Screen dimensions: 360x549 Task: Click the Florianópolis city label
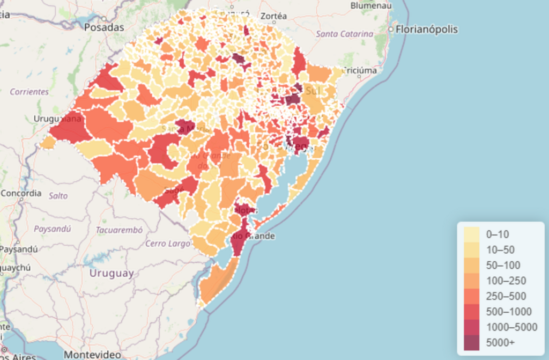click(426, 30)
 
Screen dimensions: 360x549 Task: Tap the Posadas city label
click(104, 27)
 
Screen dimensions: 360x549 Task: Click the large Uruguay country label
click(112, 273)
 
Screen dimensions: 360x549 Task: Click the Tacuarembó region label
click(119, 230)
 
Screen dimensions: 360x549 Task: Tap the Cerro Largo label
click(168, 244)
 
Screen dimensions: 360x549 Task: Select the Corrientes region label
click(29, 92)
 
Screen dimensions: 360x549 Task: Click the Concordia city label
click(20, 193)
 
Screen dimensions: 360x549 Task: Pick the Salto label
click(58, 196)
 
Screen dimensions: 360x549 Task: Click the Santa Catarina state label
click(344, 34)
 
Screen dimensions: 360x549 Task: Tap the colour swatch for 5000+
click(472, 342)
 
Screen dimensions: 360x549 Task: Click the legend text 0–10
click(497, 234)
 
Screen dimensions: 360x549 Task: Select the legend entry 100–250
click(506, 281)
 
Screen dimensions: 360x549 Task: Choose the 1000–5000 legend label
click(511, 327)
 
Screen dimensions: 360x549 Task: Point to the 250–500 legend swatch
click(472, 296)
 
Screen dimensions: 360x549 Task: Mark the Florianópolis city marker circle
click(391, 29)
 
